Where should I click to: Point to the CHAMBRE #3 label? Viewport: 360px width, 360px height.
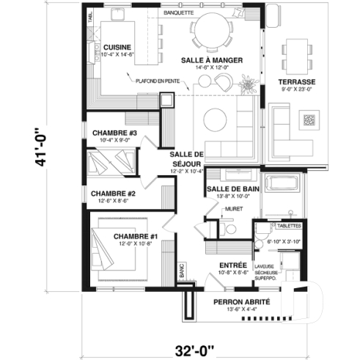click(x=115, y=133)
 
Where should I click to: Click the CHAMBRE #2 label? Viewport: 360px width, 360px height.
click(x=109, y=194)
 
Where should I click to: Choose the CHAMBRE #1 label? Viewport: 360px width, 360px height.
click(x=136, y=236)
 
